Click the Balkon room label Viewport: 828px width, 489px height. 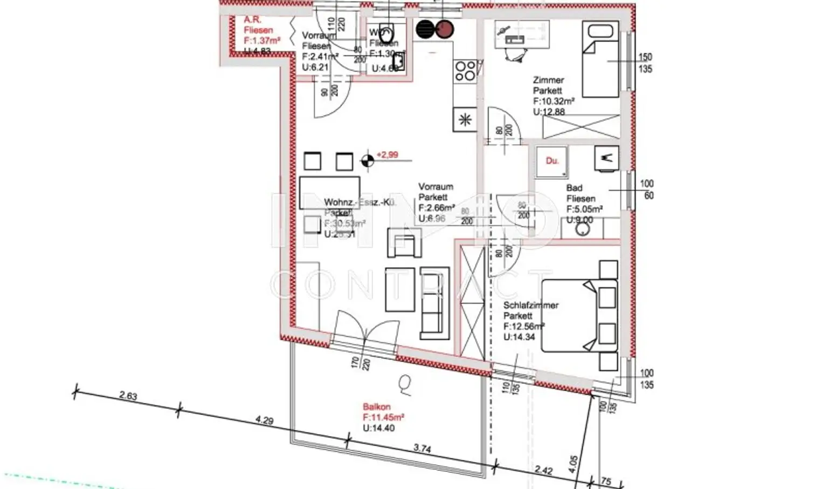[x=376, y=407]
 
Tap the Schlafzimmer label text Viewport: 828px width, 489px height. [x=530, y=305]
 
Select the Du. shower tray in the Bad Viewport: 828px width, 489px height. [x=551, y=161]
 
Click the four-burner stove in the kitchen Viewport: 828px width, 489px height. [x=465, y=70]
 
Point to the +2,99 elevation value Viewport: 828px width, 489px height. [x=387, y=155]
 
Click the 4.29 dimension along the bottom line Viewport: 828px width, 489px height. [x=264, y=419]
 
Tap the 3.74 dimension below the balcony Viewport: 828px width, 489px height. [x=422, y=448]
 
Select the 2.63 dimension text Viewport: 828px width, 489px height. [x=128, y=396]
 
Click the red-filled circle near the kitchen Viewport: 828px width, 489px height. [x=444, y=29]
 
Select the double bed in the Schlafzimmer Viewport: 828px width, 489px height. [x=579, y=316]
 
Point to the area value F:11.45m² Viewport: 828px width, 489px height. [x=383, y=417]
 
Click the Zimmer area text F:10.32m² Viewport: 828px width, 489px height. [x=554, y=101]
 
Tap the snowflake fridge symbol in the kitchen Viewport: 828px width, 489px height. [x=465, y=119]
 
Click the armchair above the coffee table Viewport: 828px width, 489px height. [x=404, y=243]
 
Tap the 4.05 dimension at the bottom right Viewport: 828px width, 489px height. [x=573, y=463]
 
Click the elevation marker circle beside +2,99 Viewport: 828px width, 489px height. [x=367, y=160]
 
